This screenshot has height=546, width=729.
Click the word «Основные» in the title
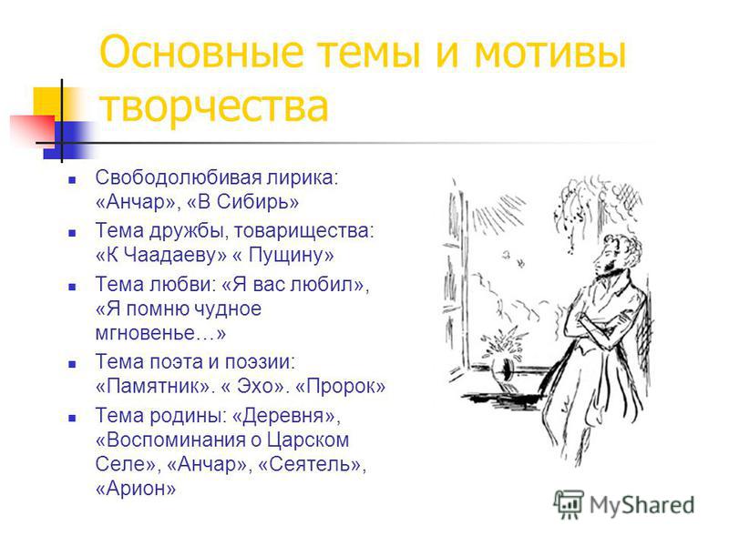[200, 51]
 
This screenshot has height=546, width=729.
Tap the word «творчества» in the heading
[214, 106]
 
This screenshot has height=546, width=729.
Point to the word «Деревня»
[283, 416]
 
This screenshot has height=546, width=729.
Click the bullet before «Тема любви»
[72, 288]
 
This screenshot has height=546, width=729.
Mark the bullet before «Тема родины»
[72, 419]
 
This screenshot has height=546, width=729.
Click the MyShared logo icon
[569, 504]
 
